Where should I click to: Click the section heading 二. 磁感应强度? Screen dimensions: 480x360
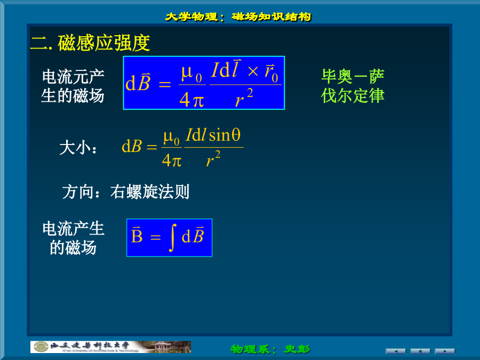click(x=90, y=43)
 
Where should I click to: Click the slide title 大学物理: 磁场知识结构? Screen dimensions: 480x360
click(x=238, y=17)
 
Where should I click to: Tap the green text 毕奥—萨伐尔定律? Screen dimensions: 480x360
click(x=353, y=86)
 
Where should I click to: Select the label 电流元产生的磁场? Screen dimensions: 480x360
click(x=73, y=86)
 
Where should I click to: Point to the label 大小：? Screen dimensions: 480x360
click(x=78, y=148)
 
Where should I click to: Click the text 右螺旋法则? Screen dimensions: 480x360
click(x=150, y=191)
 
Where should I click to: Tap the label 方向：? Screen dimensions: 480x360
click(x=81, y=192)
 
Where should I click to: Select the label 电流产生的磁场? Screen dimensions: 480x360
click(x=73, y=238)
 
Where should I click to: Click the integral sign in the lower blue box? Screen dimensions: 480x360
click(x=173, y=237)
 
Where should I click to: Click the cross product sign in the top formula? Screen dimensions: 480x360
click(x=253, y=71)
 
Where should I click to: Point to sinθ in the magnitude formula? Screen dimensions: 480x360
click(x=225, y=135)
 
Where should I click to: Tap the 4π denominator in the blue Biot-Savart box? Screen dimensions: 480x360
click(x=191, y=100)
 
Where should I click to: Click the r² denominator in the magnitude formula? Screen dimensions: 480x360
click(x=213, y=158)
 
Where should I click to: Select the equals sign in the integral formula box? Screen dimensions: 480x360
click(x=156, y=237)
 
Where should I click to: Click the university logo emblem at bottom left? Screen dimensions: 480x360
click(x=41, y=347)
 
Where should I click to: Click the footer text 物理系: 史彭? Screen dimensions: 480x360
click(x=270, y=349)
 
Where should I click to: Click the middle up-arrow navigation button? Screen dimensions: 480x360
click(x=420, y=351)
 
